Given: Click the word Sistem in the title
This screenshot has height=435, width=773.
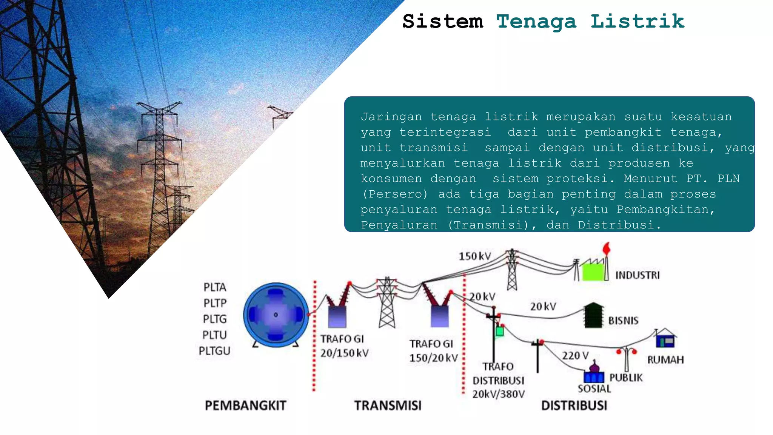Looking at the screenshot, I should click(443, 21).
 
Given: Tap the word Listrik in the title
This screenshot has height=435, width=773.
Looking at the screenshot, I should click(637, 21).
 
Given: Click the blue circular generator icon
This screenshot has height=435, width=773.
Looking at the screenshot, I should click(276, 315).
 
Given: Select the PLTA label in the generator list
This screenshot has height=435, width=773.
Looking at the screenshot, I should click(215, 287).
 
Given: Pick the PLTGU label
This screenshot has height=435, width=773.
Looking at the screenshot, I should click(214, 351).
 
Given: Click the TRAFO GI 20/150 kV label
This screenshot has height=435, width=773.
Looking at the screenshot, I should click(344, 346).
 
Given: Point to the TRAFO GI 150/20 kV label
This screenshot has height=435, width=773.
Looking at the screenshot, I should click(433, 351).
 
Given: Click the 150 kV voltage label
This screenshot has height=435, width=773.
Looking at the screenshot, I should click(475, 256).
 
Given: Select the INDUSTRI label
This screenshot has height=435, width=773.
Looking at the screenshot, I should click(637, 275).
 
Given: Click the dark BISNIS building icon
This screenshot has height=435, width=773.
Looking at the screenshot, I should click(593, 316).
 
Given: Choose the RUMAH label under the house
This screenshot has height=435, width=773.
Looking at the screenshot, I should click(665, 360).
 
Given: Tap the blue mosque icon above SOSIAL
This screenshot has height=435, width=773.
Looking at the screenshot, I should click(594, 374).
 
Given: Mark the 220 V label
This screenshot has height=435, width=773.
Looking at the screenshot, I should click(575, 356).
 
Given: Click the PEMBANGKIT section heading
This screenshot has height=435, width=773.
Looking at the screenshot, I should click(245, 406).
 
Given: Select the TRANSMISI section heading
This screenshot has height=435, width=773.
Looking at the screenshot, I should click(388, 406).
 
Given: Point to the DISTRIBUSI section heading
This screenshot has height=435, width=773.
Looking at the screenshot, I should click(574, 406).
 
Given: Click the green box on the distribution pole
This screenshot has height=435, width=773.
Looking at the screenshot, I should click(500, 332).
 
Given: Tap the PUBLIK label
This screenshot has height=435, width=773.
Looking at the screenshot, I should click(626, 378).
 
